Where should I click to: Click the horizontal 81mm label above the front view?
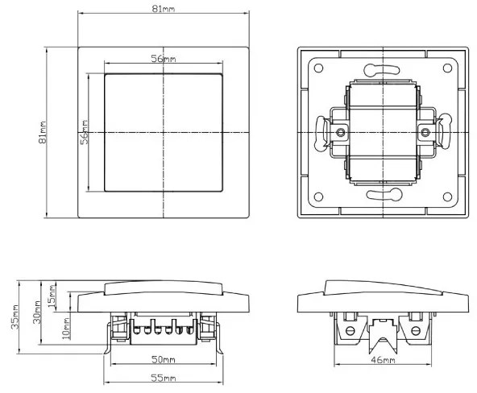(164, 9)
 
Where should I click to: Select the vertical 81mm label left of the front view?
(42, 132)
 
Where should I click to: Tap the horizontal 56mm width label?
(164, 58)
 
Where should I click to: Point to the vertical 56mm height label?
(85, 132)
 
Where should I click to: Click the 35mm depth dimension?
(15, 317)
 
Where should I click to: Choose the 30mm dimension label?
(37, 312)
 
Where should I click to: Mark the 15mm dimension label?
(52, 296)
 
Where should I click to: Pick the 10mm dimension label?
(66, 329)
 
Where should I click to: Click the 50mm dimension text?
(164, 359)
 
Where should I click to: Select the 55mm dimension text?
(164, 378)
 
